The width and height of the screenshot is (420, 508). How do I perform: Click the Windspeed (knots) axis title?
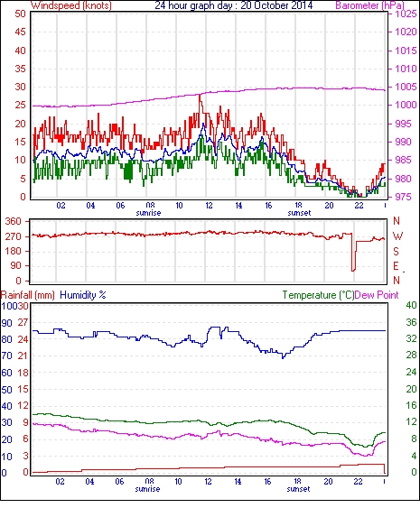[71, 5]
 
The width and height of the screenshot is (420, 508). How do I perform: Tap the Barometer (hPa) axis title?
[369, 5]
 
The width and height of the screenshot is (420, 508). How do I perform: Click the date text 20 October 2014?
[276, 5]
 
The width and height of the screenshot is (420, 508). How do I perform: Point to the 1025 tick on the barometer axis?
[406, 14]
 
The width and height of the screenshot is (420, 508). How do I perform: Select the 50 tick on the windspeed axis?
[21, 14]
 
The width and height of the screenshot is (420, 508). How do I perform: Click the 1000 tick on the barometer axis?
[406, 105]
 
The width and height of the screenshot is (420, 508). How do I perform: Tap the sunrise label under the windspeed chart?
[148, 213]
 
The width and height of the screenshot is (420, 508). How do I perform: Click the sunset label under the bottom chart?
[298, 488]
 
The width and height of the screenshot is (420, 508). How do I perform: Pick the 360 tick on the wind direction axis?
[13, 222]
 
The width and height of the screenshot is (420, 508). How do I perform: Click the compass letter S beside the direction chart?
[396, 251]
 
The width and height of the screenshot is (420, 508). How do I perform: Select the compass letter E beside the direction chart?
[396, 266]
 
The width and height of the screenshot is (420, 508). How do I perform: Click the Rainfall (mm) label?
[28, 295]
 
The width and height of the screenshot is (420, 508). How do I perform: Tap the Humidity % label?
[83, 295]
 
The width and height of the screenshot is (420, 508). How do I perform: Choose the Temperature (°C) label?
[318, 295]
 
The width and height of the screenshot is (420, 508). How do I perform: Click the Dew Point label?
[377, 295]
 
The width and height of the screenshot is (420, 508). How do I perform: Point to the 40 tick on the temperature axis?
[411, 305]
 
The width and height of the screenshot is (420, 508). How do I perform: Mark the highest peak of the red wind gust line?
[200, 95]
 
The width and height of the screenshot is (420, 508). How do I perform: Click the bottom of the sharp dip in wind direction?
[353, 271]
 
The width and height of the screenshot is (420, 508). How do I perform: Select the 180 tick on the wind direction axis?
[13, 251]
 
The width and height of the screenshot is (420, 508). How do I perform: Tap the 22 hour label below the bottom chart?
[358, 482]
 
